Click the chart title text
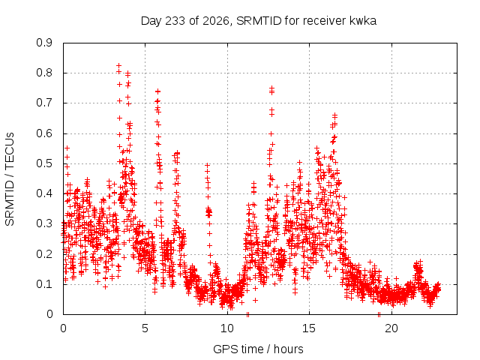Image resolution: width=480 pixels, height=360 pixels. coord(258,21)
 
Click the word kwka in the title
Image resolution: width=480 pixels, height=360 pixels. coord(363,21)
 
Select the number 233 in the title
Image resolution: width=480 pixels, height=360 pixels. coord(175,21)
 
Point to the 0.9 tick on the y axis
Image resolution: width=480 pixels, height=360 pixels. coord(44,43)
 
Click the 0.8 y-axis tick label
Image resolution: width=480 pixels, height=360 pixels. coord(44,73)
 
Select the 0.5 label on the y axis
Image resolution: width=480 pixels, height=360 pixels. coord(44,163)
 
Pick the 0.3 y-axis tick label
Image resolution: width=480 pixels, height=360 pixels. coord(44,223)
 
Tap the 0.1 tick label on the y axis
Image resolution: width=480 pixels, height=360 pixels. coord(44,284)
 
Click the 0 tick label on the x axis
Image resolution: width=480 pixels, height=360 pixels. coord(63,328)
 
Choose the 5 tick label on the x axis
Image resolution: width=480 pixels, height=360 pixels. coord(145,328)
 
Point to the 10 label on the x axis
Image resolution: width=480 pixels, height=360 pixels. coord(227,328)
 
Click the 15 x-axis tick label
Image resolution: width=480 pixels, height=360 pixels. coord(309,328)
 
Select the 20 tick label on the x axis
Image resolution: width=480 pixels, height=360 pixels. coord(391,328)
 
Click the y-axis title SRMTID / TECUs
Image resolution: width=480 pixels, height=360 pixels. coord(10,179)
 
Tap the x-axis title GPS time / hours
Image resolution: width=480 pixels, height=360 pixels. coord(258,349)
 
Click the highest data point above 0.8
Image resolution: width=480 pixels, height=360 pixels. coord(118,65)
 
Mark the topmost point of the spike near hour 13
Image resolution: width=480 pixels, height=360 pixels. coord(271,88)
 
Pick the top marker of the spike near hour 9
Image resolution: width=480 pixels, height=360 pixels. coord(207,165)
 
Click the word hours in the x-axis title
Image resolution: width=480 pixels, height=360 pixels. coord(288,349)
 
